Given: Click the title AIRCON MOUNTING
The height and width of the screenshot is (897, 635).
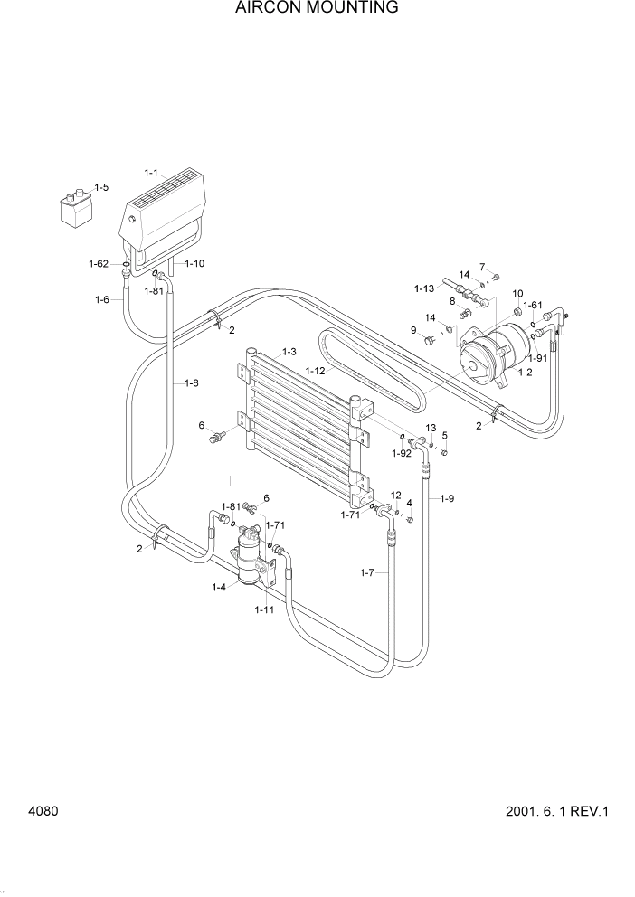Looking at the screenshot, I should tap(317, 8).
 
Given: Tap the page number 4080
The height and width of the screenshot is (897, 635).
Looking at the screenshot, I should tap(43, 811).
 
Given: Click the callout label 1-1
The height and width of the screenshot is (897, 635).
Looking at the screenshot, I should tap(151, 172).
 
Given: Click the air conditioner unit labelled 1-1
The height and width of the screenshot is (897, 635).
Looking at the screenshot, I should tap(168, 213).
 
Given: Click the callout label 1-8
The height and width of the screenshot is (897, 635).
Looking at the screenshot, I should tap(192, 382).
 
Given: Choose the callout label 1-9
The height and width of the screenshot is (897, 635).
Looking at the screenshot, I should tap(446, 498).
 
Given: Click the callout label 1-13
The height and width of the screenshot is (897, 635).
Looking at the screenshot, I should tap(425, 288).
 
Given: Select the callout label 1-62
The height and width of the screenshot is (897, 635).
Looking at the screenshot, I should tap(99, 264).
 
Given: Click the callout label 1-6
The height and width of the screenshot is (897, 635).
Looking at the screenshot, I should tap(102, 299).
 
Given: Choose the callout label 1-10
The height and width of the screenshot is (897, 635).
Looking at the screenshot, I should tap(194, 264).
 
